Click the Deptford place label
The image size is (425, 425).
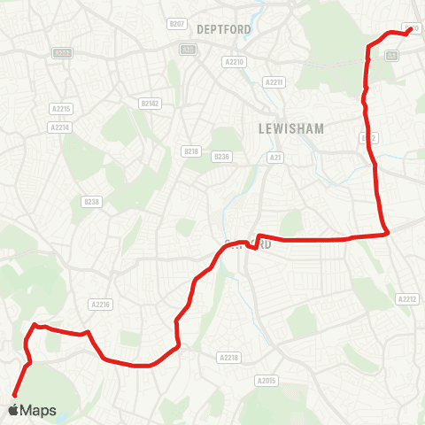click(x=225, y=29)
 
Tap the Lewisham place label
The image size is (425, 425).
click(x=291, y=128)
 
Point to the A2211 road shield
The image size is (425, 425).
click(x=274, y=82)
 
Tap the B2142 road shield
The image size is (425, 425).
click(x=150, y=104)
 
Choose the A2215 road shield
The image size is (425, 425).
click(x=60, y=109)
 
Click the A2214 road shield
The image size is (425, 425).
click(x=60, y=127)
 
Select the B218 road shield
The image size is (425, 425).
click(x=190, y=152)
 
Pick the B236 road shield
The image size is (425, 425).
click(x=221, y=157)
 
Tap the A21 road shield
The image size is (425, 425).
click(x=275, y=157)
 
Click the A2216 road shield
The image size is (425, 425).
click(x=100, y=304)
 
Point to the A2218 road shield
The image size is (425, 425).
click(x=228, y=357)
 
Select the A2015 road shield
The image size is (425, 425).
click(x=266, y=380)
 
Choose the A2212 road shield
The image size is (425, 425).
click(x=406, y=299)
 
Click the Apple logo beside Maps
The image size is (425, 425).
click(x=12, y=410)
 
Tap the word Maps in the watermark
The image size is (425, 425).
click(x=38, y=411)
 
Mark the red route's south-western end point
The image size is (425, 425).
click(x=14, y=395)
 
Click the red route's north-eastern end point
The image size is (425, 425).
click(x=410, y=29)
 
